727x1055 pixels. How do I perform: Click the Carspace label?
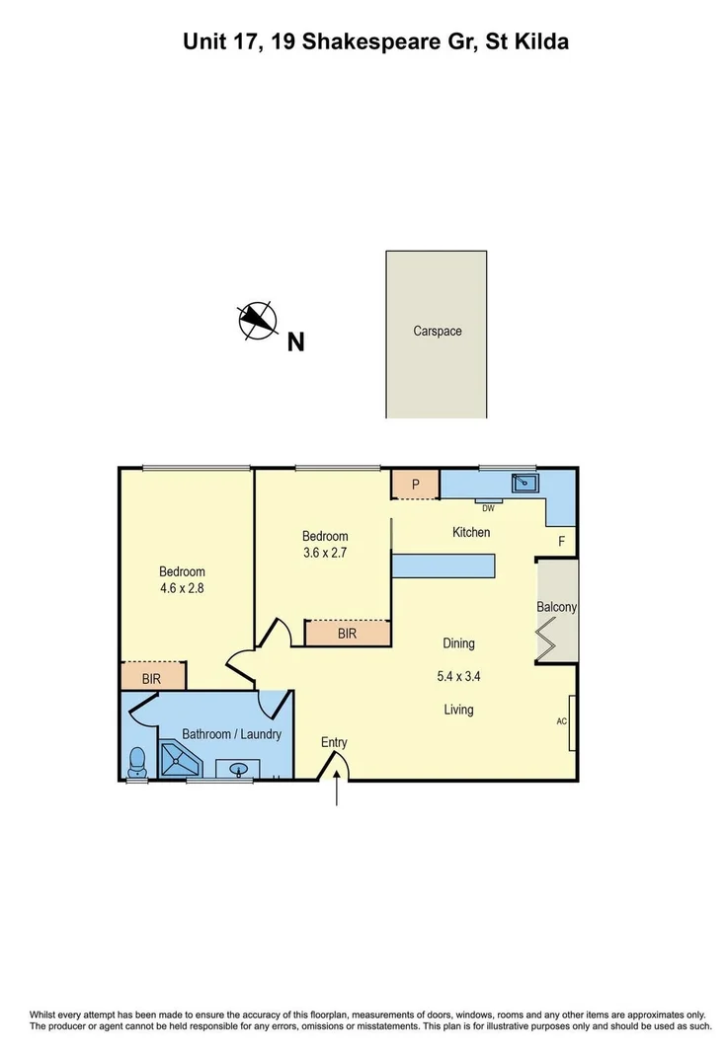(437, 332)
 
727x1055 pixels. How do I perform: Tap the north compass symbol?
(257, 320)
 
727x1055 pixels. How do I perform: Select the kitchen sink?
(524, 483)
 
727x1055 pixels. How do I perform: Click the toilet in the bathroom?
(138, 761)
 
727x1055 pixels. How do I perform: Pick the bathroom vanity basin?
(238, 768)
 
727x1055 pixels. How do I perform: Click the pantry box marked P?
(416, 484)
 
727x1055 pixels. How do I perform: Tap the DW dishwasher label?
(488, 508)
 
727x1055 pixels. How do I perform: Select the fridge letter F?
(561, 542)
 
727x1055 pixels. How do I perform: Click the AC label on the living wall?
(562, 721)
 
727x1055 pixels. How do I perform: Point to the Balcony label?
(556, 607)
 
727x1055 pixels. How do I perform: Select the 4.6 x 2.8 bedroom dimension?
(182, 588)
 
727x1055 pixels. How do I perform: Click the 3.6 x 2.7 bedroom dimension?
(326, 553)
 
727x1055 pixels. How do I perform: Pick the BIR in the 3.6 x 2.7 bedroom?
(347, 634)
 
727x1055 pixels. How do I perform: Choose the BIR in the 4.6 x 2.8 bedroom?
(152, 678)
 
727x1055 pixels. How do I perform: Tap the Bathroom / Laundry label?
(232, 734)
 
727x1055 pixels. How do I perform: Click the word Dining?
(458, 643)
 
